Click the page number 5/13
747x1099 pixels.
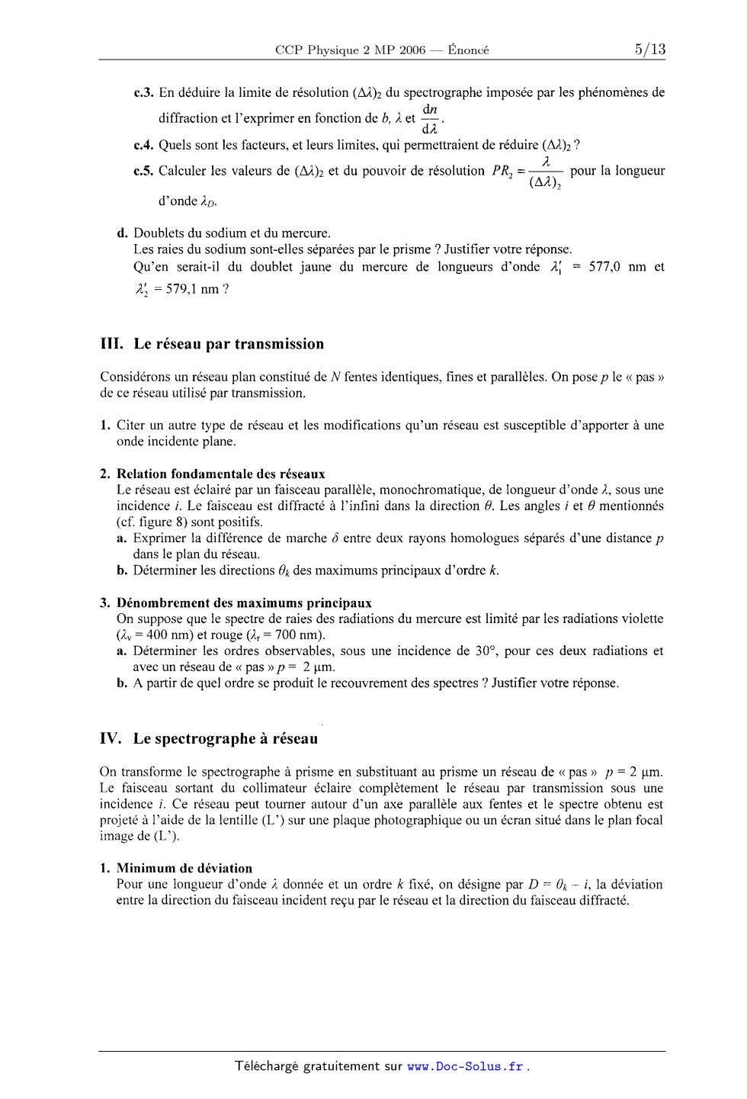pos(649,50)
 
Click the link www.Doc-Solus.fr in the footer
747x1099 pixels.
pos(466,1067)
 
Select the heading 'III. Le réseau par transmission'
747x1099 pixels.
pos(213,344)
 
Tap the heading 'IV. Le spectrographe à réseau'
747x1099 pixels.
pos(209,738)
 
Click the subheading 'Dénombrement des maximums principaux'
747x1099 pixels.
pos(244,603)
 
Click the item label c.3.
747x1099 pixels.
pos(144,93)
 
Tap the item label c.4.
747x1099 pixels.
pos(144,145)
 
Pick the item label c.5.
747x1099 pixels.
pos(144,171)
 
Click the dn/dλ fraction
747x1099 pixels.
pos(430,118)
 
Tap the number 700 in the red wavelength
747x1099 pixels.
pos(283,635)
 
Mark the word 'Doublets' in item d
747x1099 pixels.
pos(157,233)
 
